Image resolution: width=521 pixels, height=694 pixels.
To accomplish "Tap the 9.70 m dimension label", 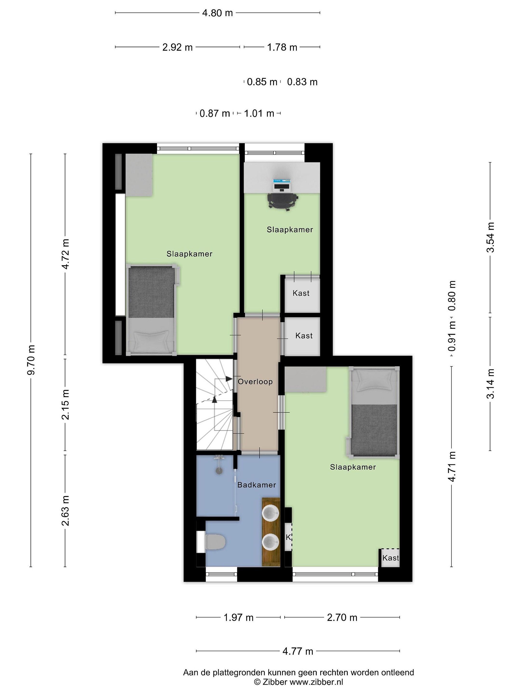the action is pyautogui.click(x=31, y=360).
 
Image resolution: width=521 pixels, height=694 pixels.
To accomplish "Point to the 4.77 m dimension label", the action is pyautogui.click(x=298, y=651).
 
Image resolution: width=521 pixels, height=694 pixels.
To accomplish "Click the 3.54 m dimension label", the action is pyautogui.click(x=490, y=237).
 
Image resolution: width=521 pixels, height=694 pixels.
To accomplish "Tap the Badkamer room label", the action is pyautogui.click(x=257, y=485).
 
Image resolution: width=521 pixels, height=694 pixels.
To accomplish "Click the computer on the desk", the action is pyautogui.click(x=282, y=185).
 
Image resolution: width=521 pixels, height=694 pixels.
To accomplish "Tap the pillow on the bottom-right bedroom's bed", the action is pyautogui.click(x=374, y=382).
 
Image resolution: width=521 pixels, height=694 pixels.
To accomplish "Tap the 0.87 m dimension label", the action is pyautogui.click(x=215, y=113).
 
